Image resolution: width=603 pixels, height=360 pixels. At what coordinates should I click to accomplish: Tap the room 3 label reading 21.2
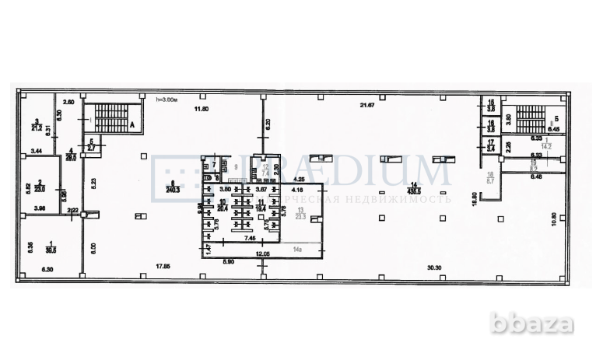(36, 125)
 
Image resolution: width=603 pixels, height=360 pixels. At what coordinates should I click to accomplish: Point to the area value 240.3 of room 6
(170, 187)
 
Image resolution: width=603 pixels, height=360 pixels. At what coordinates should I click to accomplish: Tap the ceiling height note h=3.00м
(168, 100)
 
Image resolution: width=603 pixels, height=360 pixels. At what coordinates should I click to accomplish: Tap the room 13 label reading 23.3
(301, 218)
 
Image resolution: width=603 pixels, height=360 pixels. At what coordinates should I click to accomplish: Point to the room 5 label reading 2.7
(91, 144)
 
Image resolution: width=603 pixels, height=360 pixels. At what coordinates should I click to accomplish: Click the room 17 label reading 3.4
(491, 144)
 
